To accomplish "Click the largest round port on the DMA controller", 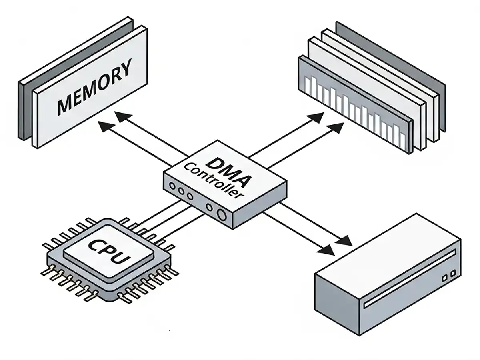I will tap(222, 215).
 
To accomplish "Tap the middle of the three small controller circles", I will tap(181, 191).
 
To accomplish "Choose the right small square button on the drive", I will tap(453, 273).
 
